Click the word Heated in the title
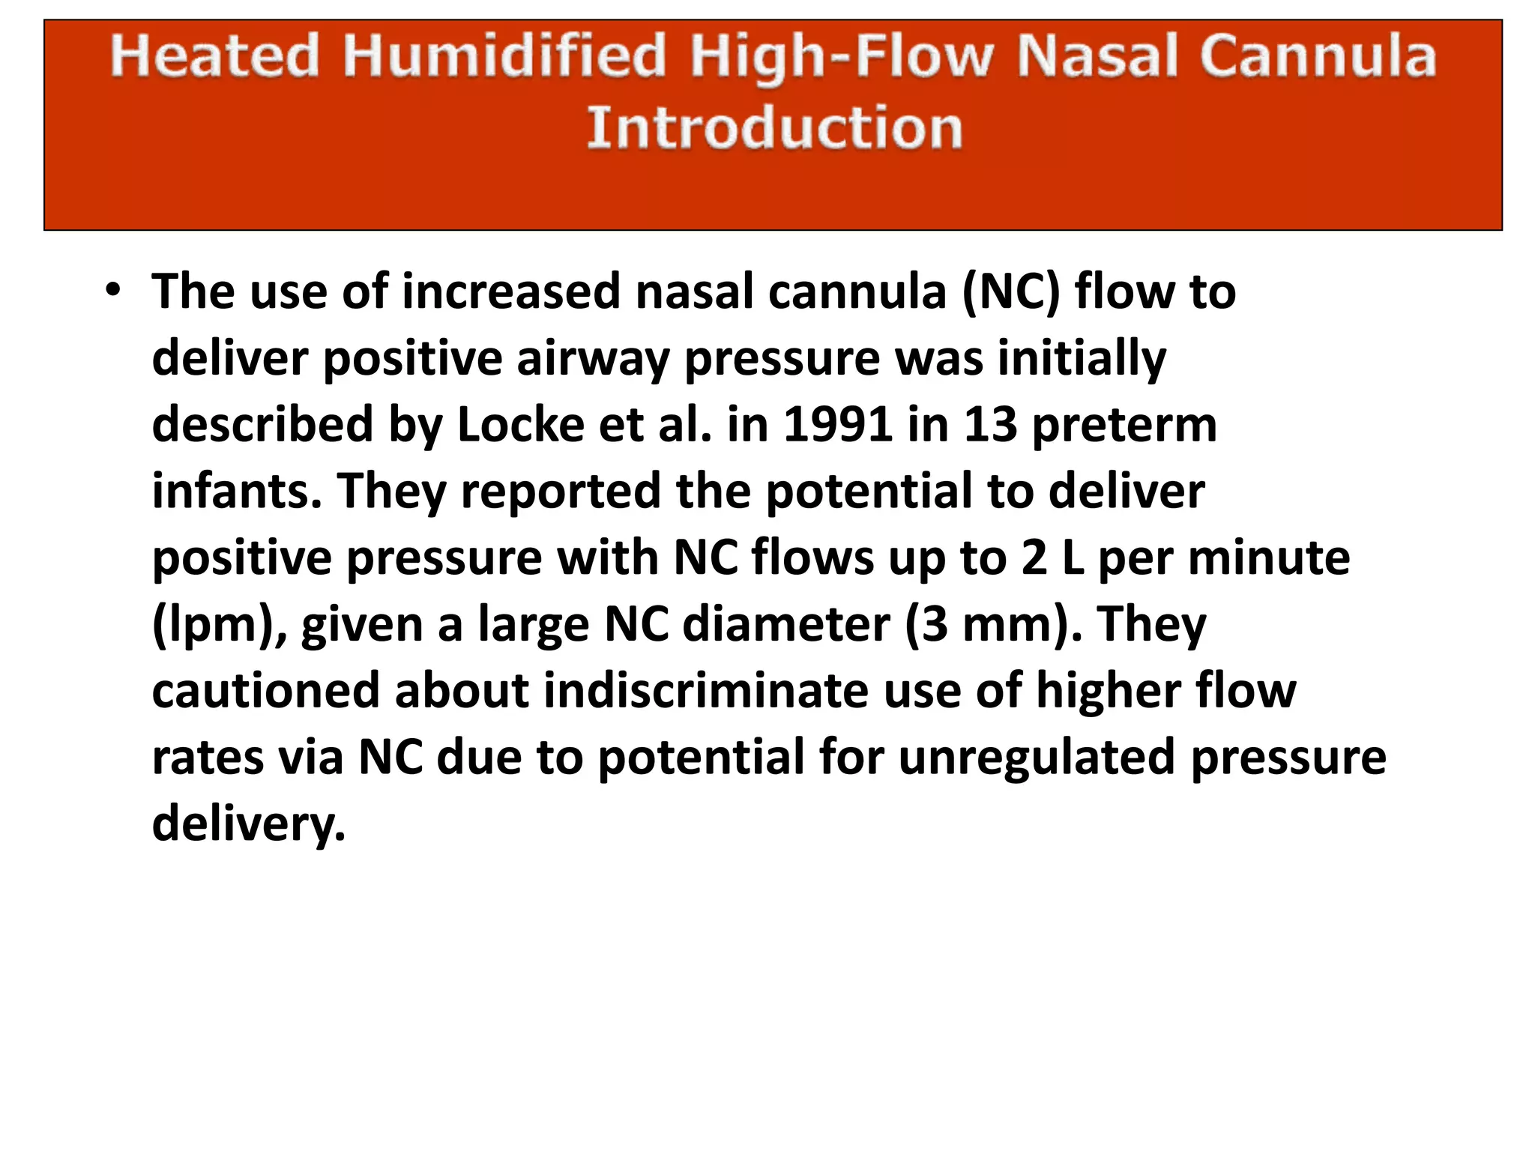coord(215,56)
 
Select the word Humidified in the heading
coord(504,56)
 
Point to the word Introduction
coord(774,128)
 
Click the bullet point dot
coord(112,291)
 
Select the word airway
coord(592,358)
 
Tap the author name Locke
coord(520,425)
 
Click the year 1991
coord(838,425)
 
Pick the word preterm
coord(1124,425)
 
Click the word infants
coord(237,492)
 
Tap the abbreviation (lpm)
coord(219,625)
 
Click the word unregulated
coord(1037,757)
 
